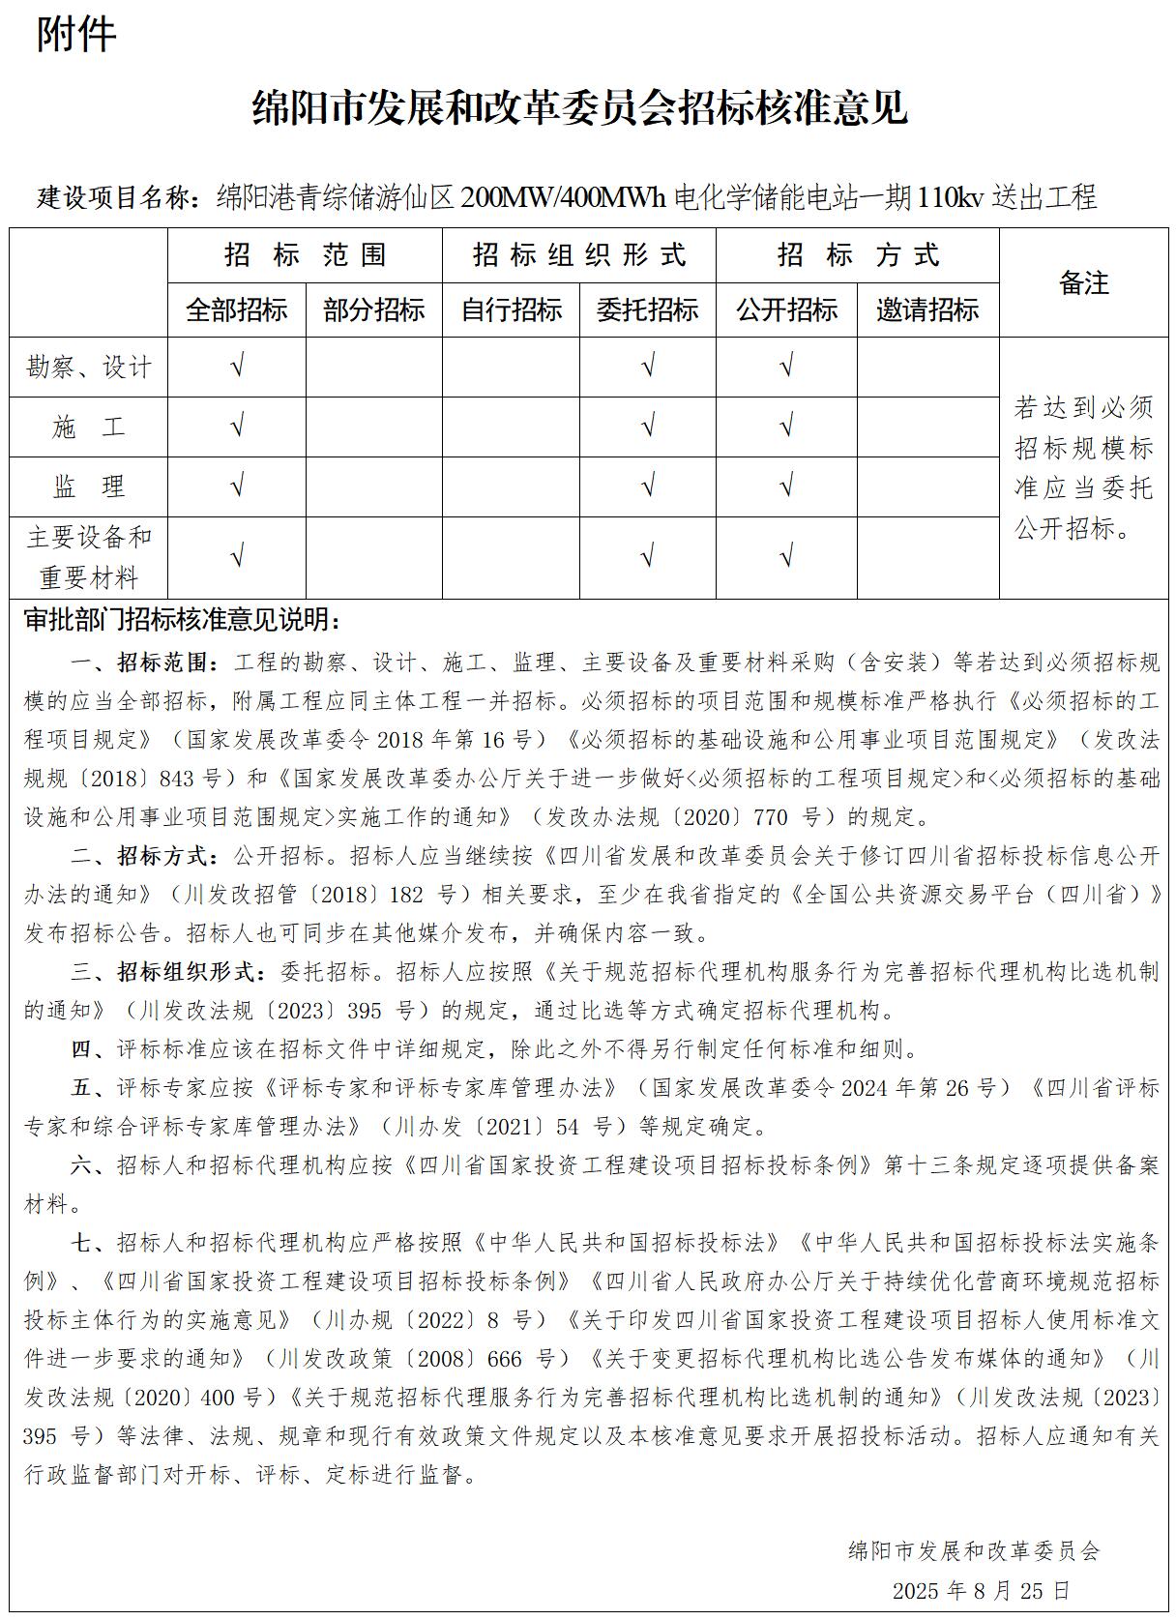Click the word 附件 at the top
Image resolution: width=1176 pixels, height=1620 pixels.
coord(76,35)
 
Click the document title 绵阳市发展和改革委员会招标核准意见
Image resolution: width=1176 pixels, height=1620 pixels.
coord(579,108)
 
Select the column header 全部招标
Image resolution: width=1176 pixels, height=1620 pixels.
coord(237,310)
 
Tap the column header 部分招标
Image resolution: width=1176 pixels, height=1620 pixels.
coord(374,310)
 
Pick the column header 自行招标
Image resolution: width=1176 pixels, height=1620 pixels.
coord(512,310)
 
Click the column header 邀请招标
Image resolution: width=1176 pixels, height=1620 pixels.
coord(927,310)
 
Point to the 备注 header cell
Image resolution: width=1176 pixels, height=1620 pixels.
coord(1083,283)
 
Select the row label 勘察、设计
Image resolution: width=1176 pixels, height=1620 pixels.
coord(89,368)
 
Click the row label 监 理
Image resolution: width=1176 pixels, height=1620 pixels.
coord(89,486)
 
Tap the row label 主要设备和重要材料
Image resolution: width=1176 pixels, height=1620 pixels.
coord(89,557)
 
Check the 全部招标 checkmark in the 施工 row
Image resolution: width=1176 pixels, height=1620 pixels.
coord(237,427)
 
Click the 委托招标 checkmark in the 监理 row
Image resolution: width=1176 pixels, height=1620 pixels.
coord(648,486)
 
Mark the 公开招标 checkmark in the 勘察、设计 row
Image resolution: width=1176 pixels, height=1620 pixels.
coord(786,368)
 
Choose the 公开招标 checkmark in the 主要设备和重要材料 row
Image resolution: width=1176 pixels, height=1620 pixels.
coord(786,557)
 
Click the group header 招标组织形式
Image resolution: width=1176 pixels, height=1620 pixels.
coord(579,255)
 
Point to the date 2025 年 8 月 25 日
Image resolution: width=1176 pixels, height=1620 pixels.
coord(981,1590)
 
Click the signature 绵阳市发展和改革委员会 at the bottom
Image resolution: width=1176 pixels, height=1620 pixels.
coord(973,1551)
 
